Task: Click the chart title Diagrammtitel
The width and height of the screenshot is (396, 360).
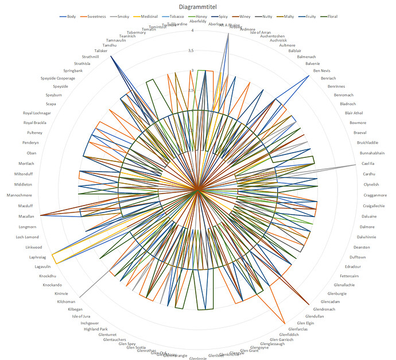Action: point(196,7)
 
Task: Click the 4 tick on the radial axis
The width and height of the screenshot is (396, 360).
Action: point(193,30)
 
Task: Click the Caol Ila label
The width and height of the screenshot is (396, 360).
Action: point(368,164)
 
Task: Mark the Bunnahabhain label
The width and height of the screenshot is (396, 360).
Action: point(372,153)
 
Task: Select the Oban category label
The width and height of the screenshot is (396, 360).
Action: point(31,153)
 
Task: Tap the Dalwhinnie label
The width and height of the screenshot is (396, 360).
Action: point(367,237)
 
